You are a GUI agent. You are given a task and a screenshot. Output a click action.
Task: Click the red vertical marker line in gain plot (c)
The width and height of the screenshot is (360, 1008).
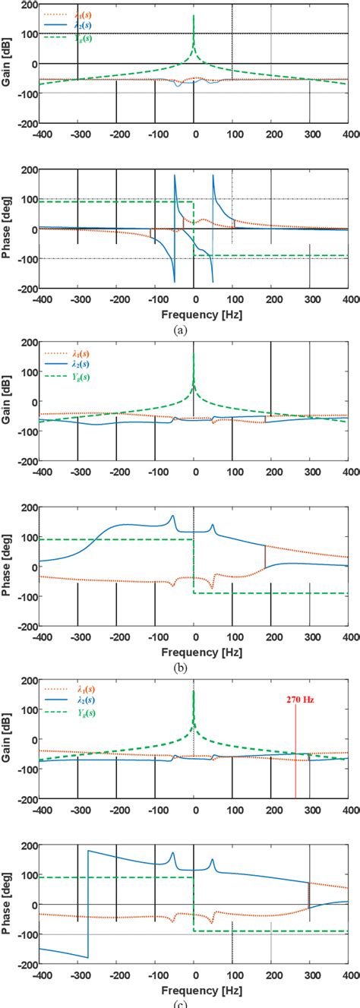(295, 760)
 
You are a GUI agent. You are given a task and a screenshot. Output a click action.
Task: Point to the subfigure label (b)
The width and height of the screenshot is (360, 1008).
(180, 668)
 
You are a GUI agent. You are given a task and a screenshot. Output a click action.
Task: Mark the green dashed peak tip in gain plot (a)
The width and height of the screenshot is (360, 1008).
(194, 15)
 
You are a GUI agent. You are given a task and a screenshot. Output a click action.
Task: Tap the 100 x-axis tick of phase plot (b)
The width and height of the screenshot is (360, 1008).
(232, 636)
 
